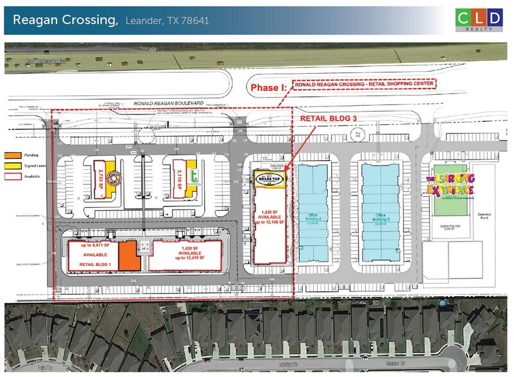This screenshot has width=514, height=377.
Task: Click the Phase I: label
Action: [x=268, y=88]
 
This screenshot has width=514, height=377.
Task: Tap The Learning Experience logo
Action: [x=450, y=183]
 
